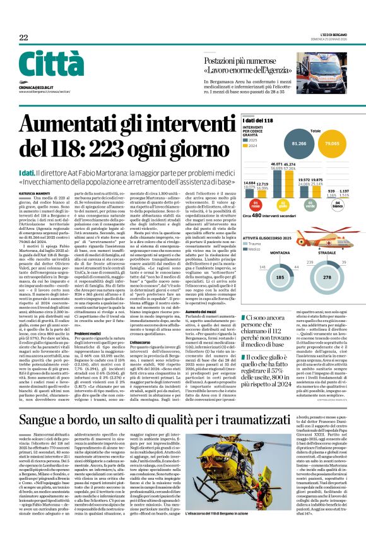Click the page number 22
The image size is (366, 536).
pos(23,38)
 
